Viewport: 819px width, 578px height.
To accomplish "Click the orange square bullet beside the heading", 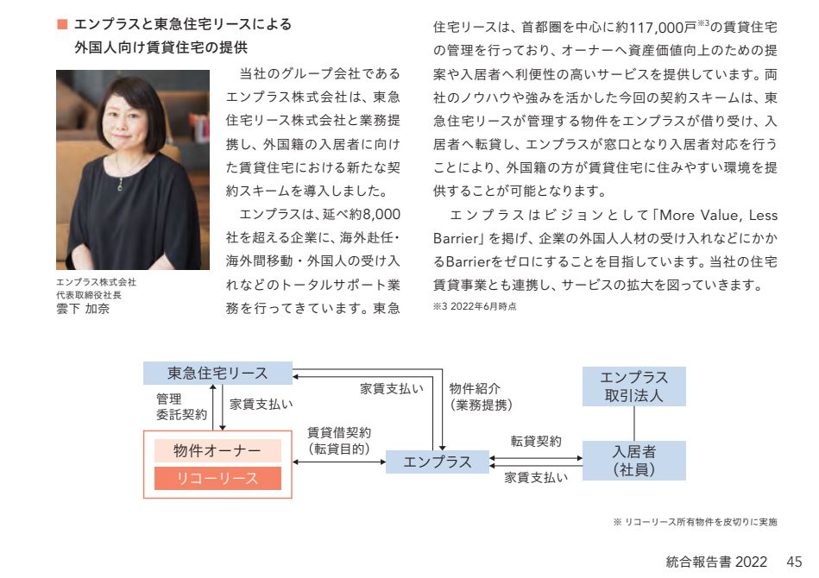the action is (62, 24).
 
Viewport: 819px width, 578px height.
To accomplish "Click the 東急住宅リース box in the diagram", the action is (217, 373).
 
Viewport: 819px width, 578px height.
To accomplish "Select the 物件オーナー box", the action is (217, 450).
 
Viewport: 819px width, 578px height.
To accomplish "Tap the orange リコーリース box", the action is (217, 478).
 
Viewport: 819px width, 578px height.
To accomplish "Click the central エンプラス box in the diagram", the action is (438, 462).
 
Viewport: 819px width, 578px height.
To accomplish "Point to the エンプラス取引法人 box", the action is (634, 386).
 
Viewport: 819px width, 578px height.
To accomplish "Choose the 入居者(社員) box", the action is (634, 461).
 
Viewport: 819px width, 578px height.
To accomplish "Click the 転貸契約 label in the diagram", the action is (536, 441).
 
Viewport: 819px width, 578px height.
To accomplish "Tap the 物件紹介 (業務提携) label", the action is (481, 396).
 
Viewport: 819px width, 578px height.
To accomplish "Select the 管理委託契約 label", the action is (181, 406).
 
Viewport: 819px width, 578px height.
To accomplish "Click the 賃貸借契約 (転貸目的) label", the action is (339, 441).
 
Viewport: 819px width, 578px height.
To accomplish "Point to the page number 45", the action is (794, 562).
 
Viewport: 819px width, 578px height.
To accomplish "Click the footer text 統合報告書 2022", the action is (716, 562).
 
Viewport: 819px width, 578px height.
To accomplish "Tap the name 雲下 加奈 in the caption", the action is (83, 309).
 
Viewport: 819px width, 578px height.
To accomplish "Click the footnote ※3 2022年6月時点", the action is (475, 306).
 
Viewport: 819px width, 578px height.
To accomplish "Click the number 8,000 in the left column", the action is (381, 215).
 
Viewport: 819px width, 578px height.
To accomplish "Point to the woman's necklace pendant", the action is (121, 184).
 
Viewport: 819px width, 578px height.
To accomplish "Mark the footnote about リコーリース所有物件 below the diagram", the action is (696, 522).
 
